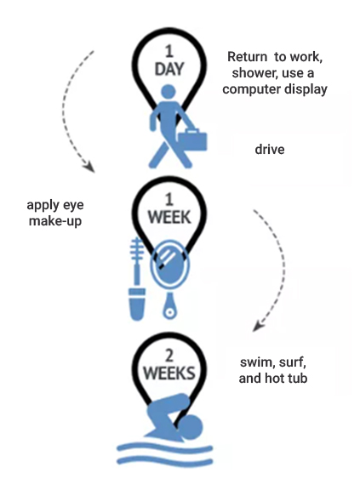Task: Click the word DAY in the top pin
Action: click(169, 69)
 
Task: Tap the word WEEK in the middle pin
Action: click(169, 217)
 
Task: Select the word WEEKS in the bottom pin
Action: click(169, 373)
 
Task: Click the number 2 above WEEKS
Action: click(169, 356)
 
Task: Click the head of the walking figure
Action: click(169, 93)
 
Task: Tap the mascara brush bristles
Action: click(137, 249)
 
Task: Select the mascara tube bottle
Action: click(137, 304)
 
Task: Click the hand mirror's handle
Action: click(169, 306)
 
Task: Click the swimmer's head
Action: click(191, 427)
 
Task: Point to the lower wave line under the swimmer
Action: click(165, 461)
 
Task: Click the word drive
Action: click(270, 150)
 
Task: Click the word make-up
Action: click(55, 221)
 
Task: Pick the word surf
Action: click(292, 362)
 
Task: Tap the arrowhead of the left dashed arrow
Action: click(90, 167)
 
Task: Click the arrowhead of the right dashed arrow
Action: click(258, 326)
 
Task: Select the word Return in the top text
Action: click(247, 57)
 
